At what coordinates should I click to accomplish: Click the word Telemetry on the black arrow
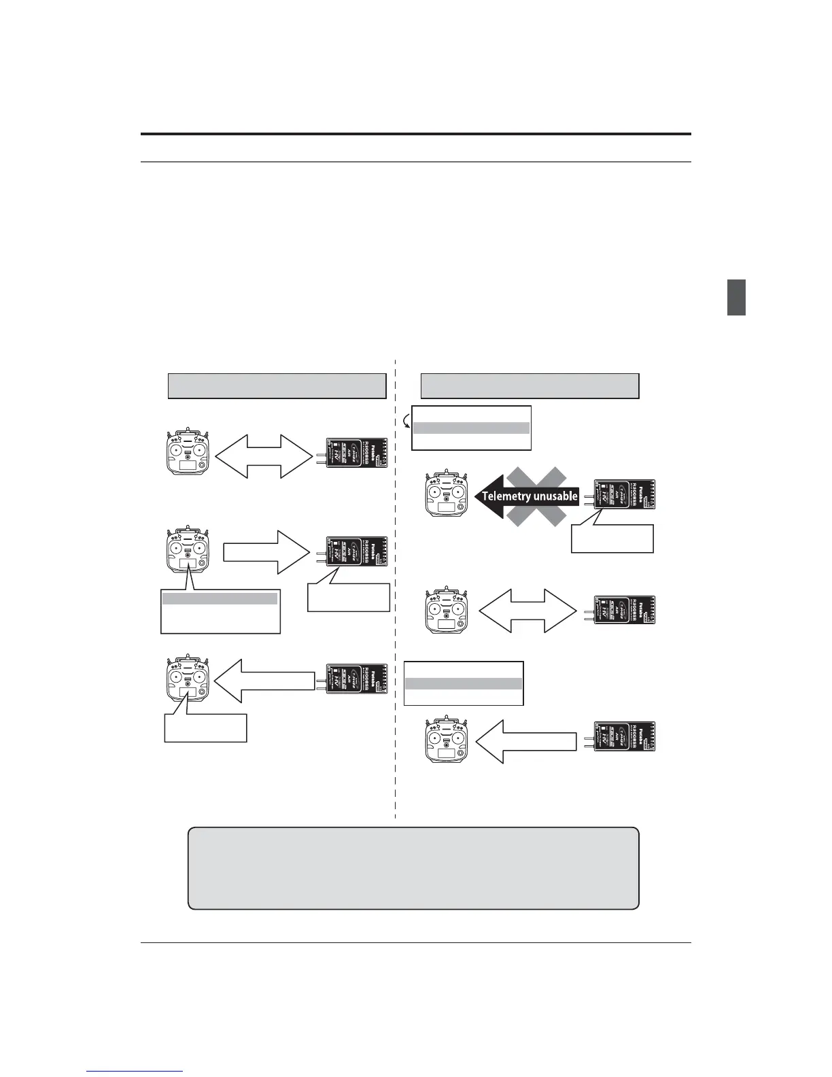tap(506, 496)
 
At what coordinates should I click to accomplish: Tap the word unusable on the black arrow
tap(556, 496)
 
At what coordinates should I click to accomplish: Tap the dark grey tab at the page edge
tap(736, 297)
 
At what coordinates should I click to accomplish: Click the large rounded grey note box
tap(413, 868)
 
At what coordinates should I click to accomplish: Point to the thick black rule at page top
tap(415, 135)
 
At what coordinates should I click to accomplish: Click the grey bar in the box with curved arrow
tap(471, 428)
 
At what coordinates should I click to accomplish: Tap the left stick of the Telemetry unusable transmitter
tap(435, 492)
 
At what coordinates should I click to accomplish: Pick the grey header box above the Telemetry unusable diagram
tap(530, 386)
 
